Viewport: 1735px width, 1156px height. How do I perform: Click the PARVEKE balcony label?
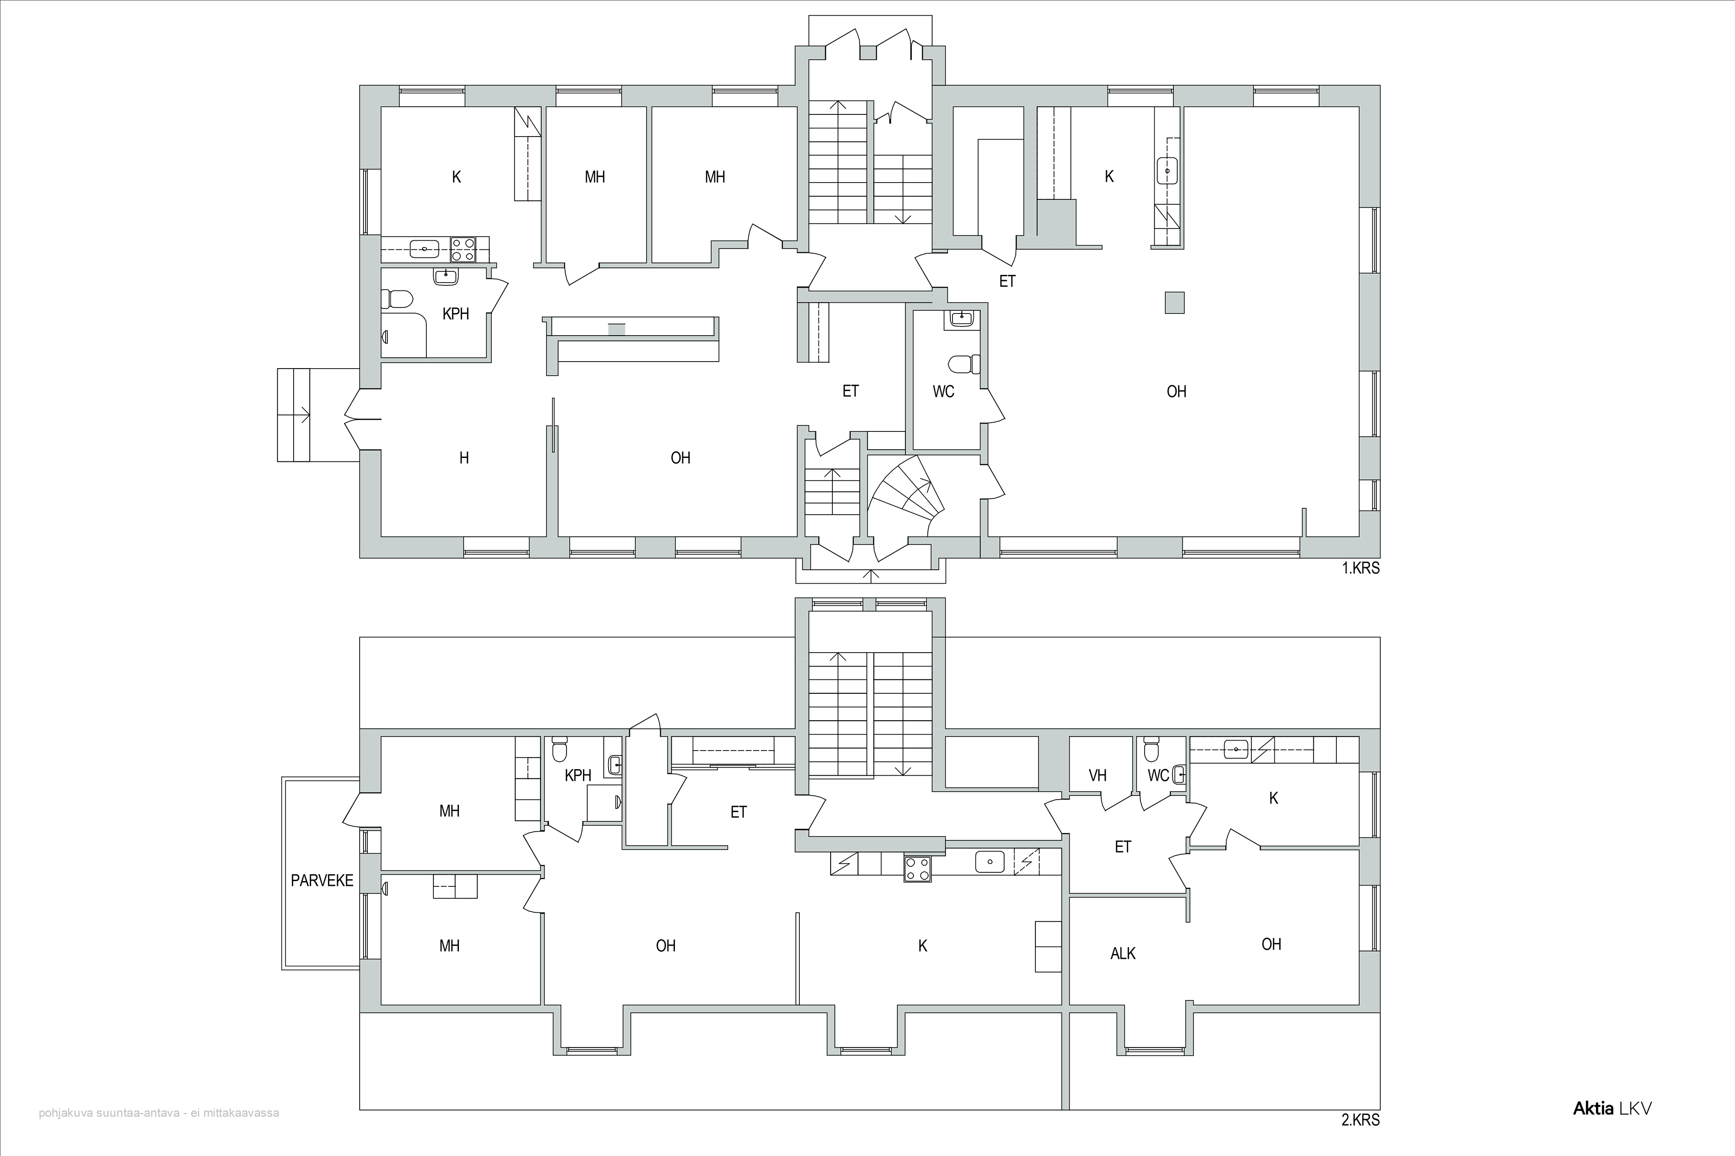point(322,880)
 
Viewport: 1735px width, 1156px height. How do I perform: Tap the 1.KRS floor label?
point(1360,568)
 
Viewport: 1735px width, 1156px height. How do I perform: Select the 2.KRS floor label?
point(1360,1120)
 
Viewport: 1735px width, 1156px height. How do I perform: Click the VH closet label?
point(1098,776)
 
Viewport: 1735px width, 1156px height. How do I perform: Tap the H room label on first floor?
point(464,458)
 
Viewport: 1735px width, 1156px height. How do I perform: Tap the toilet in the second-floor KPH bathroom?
point(560,748)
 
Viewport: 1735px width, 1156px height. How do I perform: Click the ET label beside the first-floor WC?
point(850,392)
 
